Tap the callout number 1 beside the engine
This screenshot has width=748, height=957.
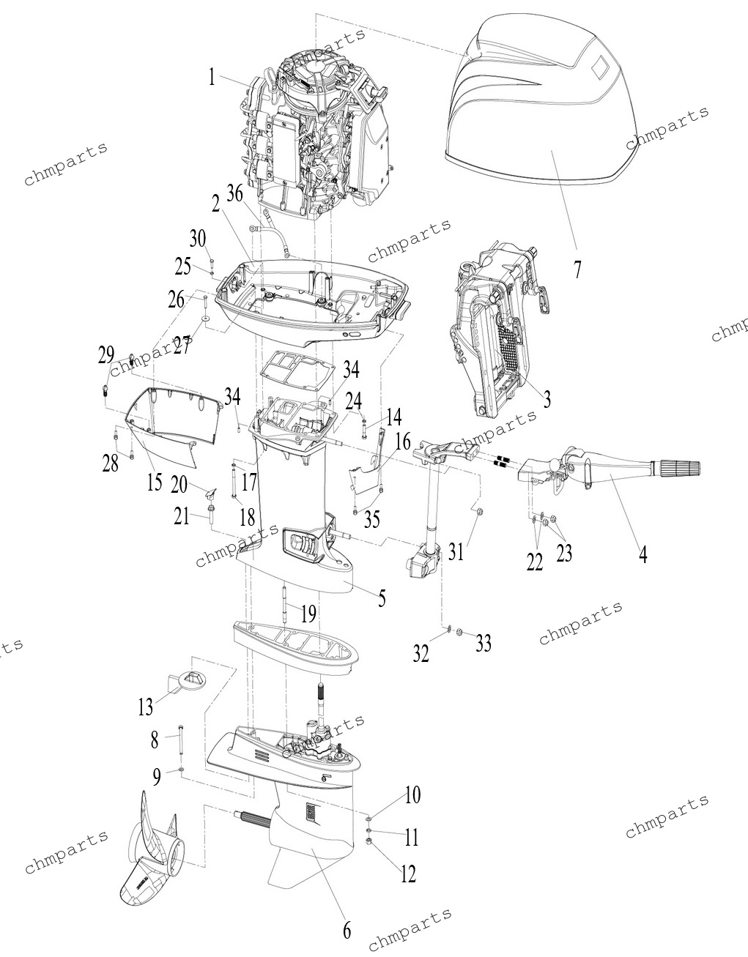(212, 79)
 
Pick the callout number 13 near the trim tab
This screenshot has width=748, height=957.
(145, 707)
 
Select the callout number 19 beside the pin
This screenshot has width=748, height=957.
(308, 614)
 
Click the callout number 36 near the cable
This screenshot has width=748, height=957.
(234, 193)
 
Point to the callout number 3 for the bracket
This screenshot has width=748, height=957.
(547, 400)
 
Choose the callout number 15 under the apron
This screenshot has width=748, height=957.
(155, 482)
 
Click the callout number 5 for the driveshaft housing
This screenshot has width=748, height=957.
(382, 597)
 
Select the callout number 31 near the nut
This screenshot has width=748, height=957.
(456, 551)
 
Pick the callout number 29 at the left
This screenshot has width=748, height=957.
(106, 354)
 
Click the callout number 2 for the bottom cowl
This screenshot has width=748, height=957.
(215, 204)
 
